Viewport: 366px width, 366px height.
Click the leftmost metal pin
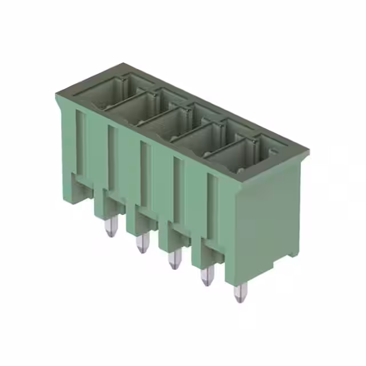[x=109, y=227]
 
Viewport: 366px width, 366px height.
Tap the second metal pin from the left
[x=141, y=244]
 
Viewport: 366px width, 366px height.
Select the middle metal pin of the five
[x=172, y=260]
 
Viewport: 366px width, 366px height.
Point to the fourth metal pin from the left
[x=205, y=277]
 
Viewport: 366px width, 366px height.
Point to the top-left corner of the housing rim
[x=57, y=94]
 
